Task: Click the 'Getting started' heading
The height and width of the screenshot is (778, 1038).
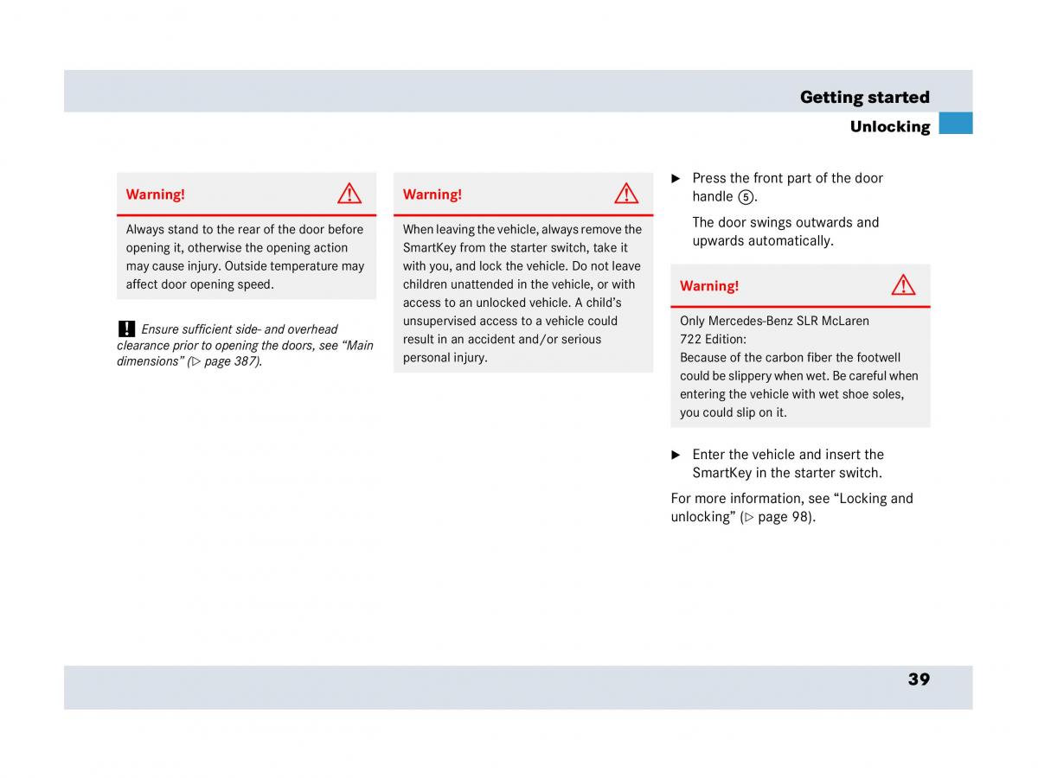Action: click(x=864, y=97)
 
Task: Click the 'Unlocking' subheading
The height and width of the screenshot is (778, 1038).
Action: click(x=889, y=127)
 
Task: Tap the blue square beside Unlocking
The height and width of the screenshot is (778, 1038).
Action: click(x=956, y=123)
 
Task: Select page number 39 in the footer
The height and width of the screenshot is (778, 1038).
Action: click(x=919, y=679)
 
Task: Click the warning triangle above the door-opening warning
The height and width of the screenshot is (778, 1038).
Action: click(x=349, y=194)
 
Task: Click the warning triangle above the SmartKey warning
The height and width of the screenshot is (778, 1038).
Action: click(x=626, y=194)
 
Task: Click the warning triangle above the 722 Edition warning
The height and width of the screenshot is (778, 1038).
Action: click(x=903, y=285)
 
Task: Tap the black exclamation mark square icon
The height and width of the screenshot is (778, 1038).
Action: click(x=126, y=328)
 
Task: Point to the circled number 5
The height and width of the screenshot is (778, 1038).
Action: click(x=746, y=197)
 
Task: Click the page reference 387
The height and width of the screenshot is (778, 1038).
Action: click(x=245, y=361)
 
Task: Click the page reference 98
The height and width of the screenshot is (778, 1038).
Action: click(x=800, y=517)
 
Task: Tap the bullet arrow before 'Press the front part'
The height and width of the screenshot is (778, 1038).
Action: click(x=676, y=178)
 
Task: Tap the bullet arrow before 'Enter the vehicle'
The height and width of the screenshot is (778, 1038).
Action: click(x=676, y=455)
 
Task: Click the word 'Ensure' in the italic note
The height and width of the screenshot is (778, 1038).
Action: click(x=161, y=329)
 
